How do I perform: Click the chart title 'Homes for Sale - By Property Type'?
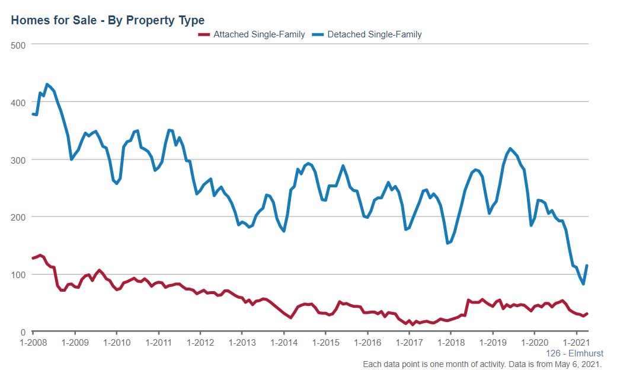[x=107, y=21]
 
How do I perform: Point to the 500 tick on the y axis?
[x=20, y=44]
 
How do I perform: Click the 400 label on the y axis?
[x=20, y=102]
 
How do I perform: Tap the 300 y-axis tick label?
[x=20, y=160]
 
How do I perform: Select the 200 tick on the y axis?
[x=20, y=217]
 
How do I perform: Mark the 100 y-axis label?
[x=20, y=275]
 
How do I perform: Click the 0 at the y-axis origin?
[x=24, y=332]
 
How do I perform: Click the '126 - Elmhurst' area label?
[x=574, y=353]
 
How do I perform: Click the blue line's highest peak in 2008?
[x=47, y=84]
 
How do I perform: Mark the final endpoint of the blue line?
[x=587, y=266]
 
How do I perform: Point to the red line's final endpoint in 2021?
[x=587, y=314]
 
